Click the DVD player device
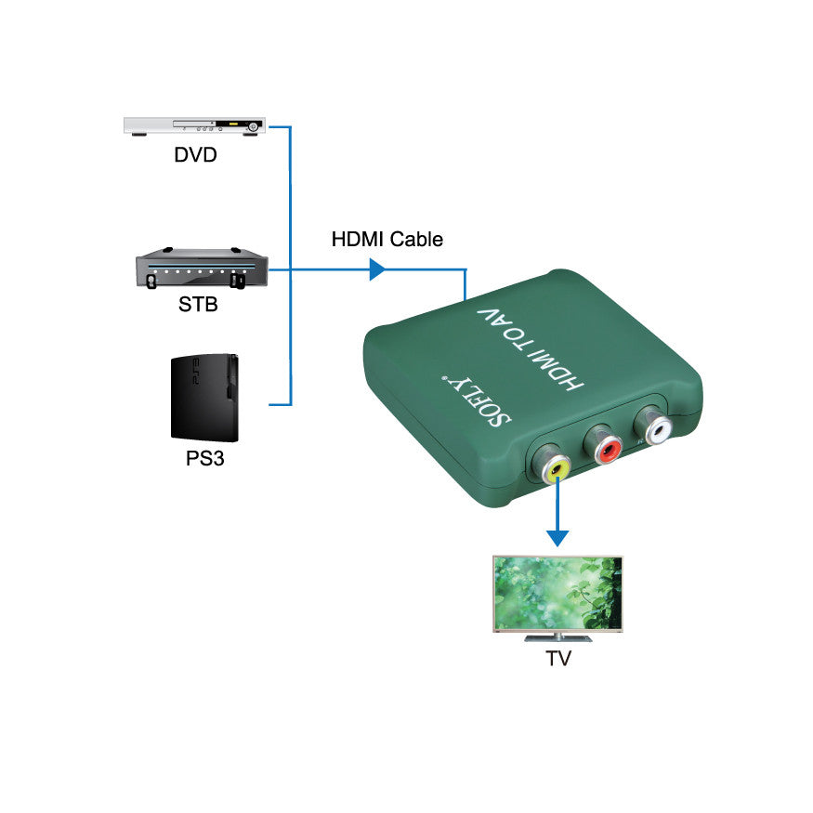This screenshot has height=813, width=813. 195,125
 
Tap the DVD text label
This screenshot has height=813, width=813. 195,154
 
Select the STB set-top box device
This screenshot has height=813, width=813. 201,269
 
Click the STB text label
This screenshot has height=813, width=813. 198,304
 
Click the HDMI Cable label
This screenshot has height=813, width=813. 387,240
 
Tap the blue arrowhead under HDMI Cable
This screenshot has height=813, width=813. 377,269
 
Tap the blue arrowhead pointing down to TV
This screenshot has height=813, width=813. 557,536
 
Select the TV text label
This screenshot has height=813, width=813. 558,660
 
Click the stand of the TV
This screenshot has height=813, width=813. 557,636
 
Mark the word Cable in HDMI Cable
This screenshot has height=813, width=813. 416,240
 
